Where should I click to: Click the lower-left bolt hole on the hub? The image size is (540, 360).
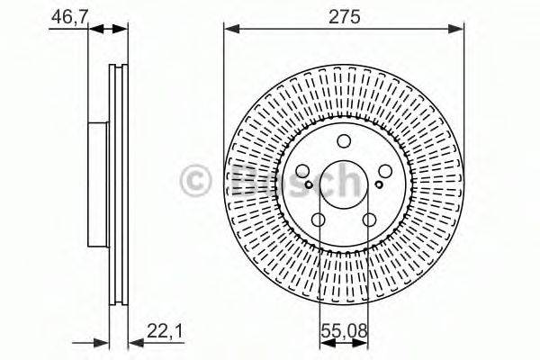pyautogui.click(x=319, y=220)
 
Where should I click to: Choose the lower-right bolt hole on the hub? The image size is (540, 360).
pyautogui.click(x=368, y=220)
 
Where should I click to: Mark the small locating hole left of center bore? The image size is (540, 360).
pyautogui.click(x=310, y=185)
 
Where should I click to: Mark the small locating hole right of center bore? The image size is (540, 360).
pyautogui.click(x=377, y=185)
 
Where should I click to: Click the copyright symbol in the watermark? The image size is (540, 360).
pyautogui.click(x=197, y=180)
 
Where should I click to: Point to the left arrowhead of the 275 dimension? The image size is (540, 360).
pyautogui.click(x=229, y=30)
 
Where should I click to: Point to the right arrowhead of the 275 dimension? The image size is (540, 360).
pyautogui.click(x=458, y=30)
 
